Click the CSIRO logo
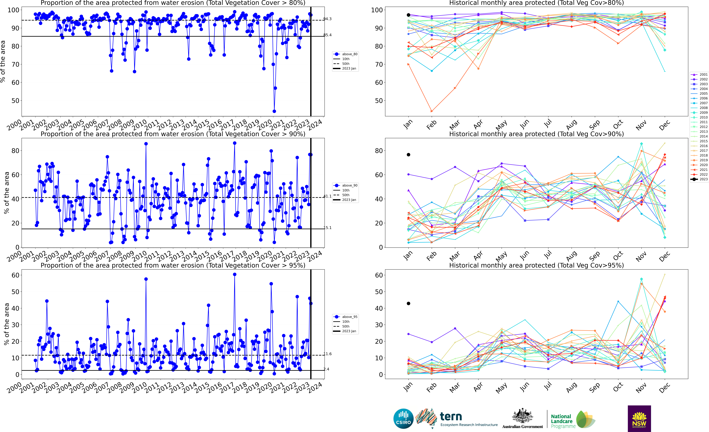click(403, 418)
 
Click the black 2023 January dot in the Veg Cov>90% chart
click(408, 155)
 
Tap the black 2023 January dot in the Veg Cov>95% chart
click(408, 303)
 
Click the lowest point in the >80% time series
click(274, 111)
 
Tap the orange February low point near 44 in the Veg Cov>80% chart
click(432, 111)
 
